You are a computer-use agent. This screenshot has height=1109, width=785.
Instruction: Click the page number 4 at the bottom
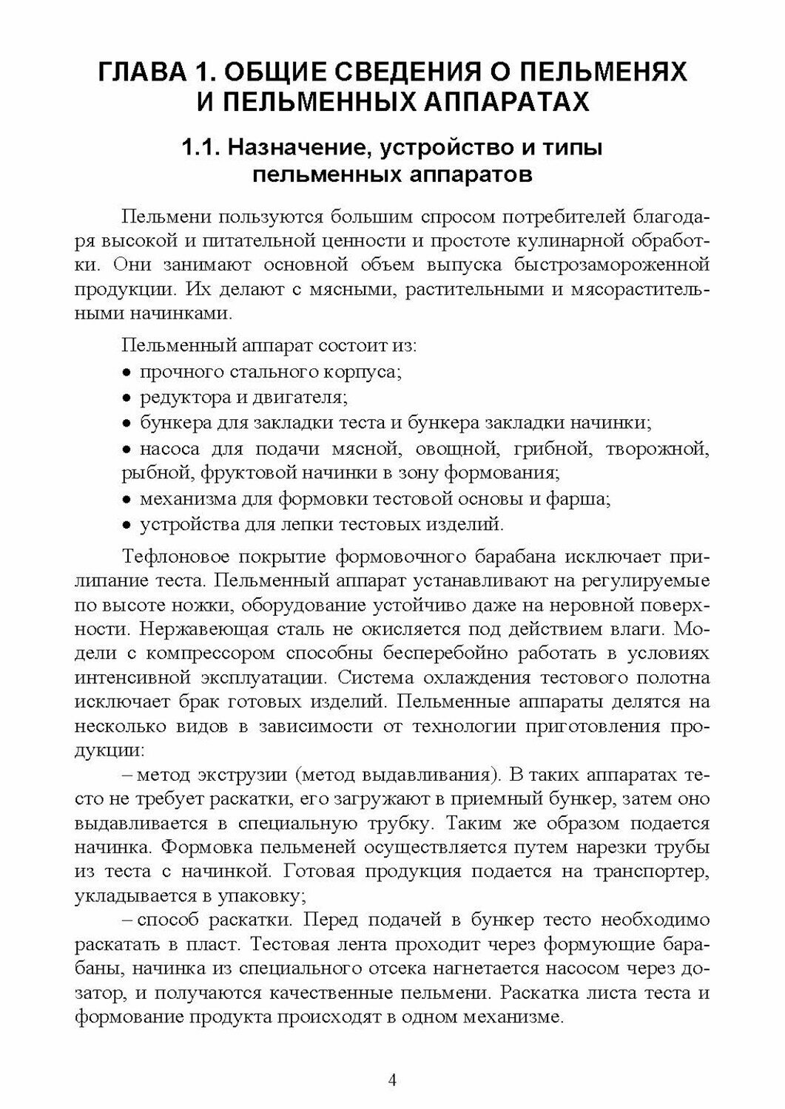(393, 1079)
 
